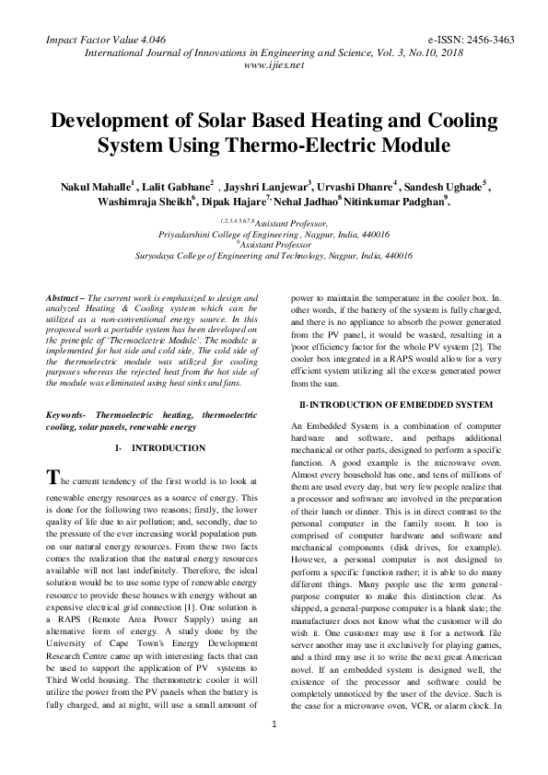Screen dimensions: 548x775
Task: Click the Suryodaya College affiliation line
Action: [x=274, y=255]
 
